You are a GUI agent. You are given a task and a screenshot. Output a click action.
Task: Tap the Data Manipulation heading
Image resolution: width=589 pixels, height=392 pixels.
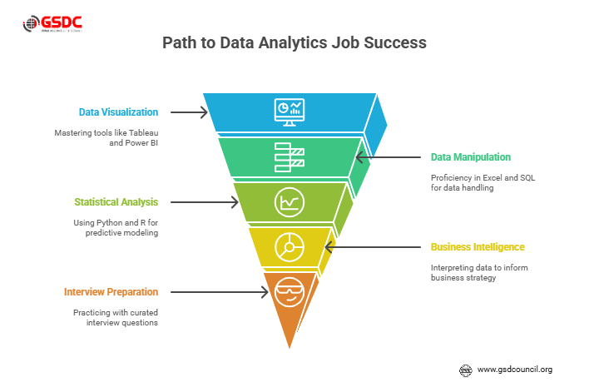pyautogui.click(x=470, y=156)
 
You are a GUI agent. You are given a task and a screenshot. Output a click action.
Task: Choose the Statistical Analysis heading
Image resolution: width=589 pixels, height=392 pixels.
pyautogui.click(x=116, y=201)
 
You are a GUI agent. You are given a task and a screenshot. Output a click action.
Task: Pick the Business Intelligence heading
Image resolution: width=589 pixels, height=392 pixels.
pyautogui.click(x=478, y=246)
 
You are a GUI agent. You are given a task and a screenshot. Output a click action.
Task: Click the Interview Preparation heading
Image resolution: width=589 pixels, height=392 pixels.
pyautogui.click(x=111, y=291)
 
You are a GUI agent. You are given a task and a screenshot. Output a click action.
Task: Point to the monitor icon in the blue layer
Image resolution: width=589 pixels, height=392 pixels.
pyautogui.click(x=290, y=112)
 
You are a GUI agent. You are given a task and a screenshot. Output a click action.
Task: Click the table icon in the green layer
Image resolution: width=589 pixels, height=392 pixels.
pyautogui.click(x=290, y=156)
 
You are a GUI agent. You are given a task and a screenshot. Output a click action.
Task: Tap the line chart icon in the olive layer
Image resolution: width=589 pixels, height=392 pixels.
pyautogui.click(x=290, y=201)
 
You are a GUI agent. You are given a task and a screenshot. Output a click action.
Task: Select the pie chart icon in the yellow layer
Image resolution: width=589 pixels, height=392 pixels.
pyautogui.click(x=290, y=246)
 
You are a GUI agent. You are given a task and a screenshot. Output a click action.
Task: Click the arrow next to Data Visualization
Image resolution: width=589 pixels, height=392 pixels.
pyautogui.click(x=190, y=112)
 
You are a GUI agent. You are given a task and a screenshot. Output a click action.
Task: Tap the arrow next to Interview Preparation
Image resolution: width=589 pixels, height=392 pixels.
pyautogui.click(x=220, y=291)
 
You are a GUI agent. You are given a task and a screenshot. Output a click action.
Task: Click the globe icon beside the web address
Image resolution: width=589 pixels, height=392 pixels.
pyautogui.click(x=466, y=369)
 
